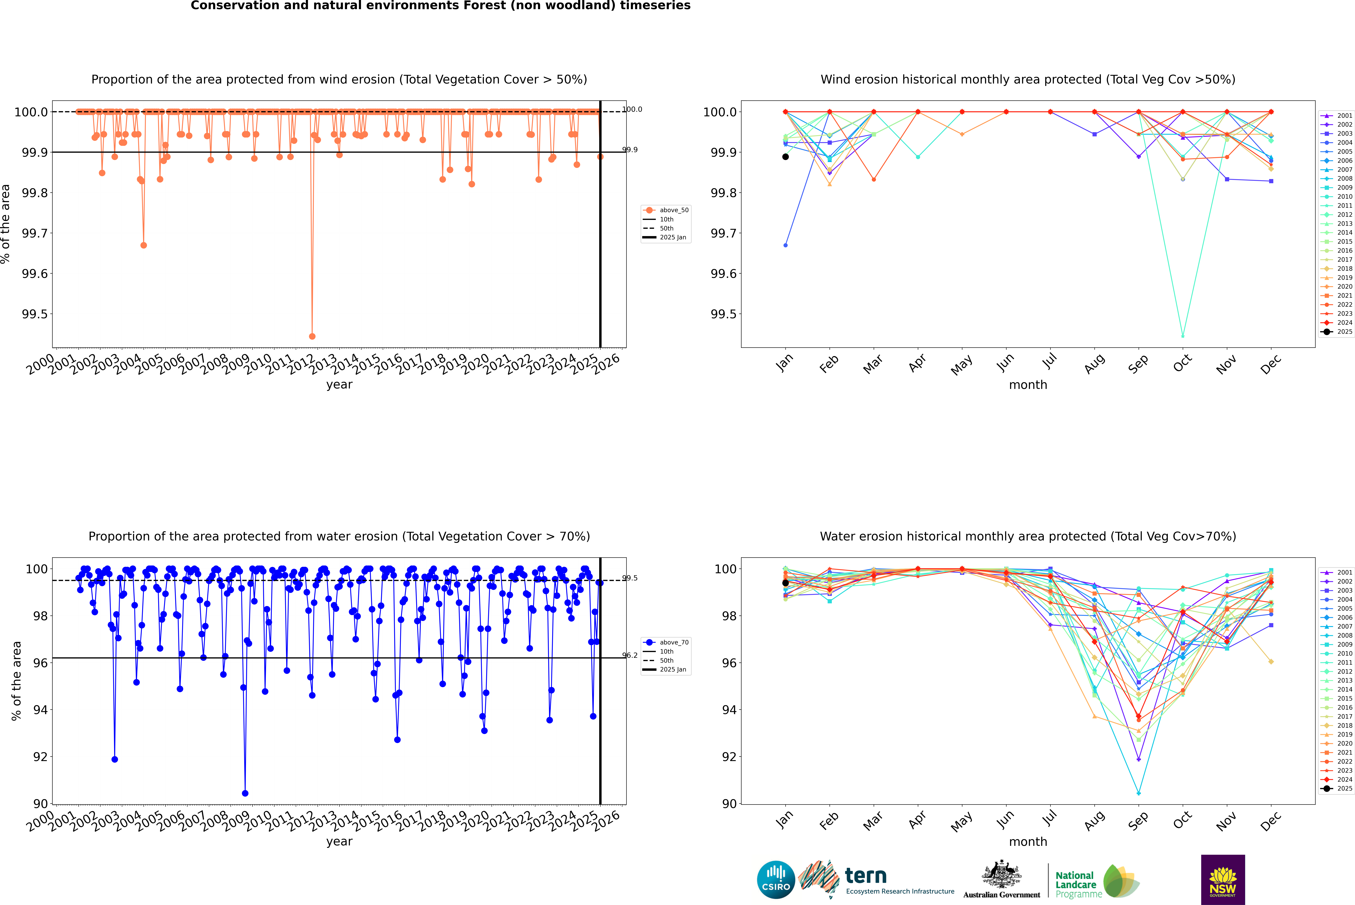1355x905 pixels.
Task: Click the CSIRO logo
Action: (x=776, y=880)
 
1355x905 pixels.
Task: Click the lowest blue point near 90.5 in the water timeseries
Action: (x=245, y=793)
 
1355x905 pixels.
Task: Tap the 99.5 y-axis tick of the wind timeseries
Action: (x=35, y=314)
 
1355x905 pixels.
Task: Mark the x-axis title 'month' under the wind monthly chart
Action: (x=1027, y=385)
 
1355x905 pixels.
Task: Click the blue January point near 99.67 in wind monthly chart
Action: (x=786, y=245)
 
